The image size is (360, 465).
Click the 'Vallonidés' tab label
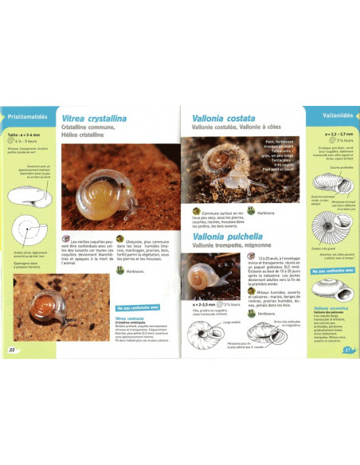[x=331, y=115]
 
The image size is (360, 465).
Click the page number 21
[x=347, y=347]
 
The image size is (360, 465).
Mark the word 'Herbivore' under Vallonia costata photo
[x=266, y=213]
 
